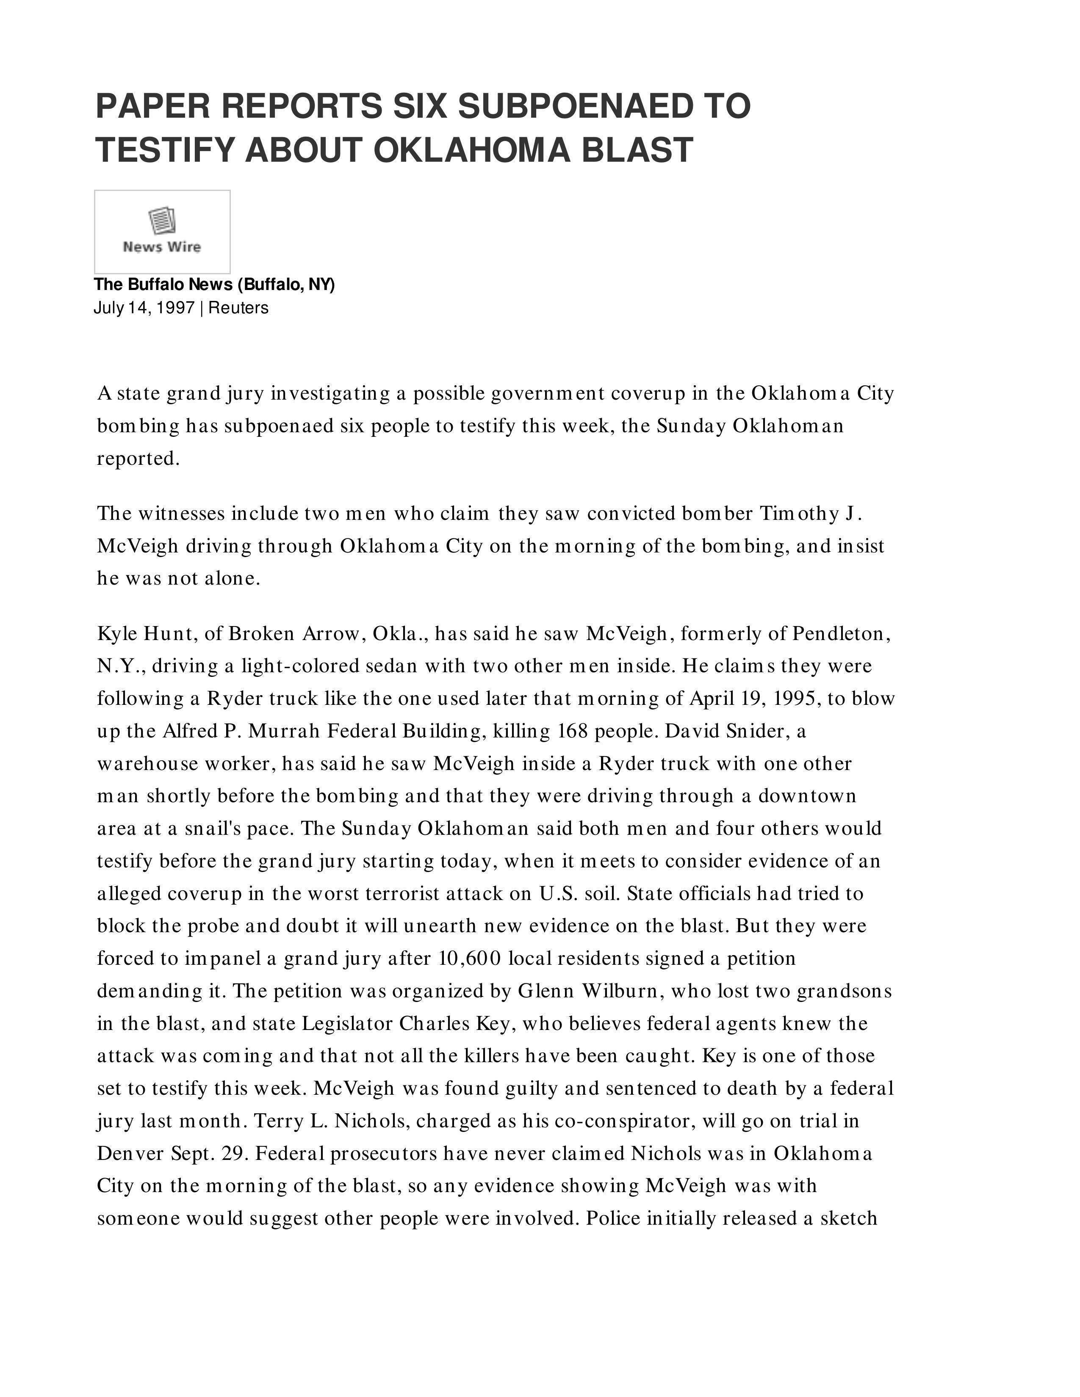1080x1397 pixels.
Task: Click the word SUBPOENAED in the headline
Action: (x=575, y=106)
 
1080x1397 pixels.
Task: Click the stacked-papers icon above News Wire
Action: (x=162, y=221)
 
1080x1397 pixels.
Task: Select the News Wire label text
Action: (x=162, y=247)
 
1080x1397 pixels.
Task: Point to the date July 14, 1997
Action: (x=144, y=308)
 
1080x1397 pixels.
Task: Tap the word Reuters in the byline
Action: (x=238, y=308)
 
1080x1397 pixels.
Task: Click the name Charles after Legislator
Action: (x=435, y=1024)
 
